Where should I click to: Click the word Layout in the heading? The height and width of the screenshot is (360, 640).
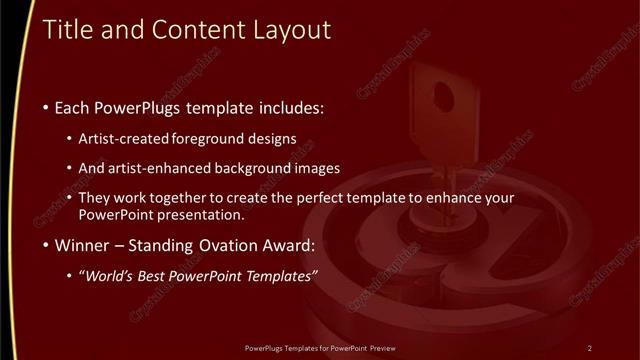pyautogui.click(x=291, y=31)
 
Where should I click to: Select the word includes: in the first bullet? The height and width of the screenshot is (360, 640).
pyautogui.click(x=292, y=107)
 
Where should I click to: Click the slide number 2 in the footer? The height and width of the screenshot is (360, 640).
pyautogui.click(x=589, y=348)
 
